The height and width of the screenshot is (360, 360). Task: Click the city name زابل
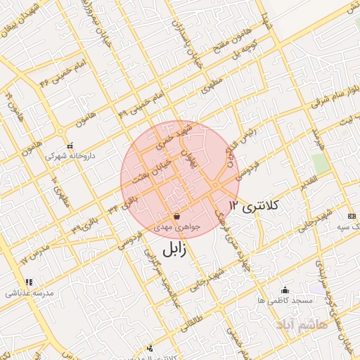click(174, 250)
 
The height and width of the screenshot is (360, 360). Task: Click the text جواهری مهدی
click(182, 227)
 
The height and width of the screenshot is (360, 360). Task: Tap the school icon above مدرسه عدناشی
click(29, 283)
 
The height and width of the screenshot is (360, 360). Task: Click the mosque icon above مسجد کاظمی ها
click(285, 290)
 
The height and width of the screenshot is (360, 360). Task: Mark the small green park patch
click(321, 164)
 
